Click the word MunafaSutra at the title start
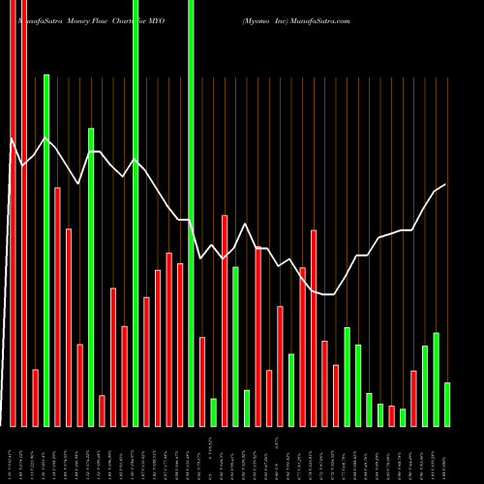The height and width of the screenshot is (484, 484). (40, 19)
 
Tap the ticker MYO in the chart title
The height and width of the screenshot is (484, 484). (154, 19)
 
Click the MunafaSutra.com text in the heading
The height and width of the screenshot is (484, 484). (320, 19)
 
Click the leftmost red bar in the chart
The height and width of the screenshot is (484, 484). (13, 213)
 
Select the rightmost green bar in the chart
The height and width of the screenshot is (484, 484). (447, 404)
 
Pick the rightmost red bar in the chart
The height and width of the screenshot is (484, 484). (413, 398)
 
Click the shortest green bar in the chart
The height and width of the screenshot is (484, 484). (403, 417)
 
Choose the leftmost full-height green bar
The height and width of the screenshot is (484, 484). (136, 213)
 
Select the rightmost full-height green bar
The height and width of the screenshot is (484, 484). (191, 213)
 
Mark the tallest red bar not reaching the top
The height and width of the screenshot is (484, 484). (57, 306)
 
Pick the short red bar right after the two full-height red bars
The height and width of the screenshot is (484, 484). (35, 397)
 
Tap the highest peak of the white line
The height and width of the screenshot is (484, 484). (12, 139)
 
